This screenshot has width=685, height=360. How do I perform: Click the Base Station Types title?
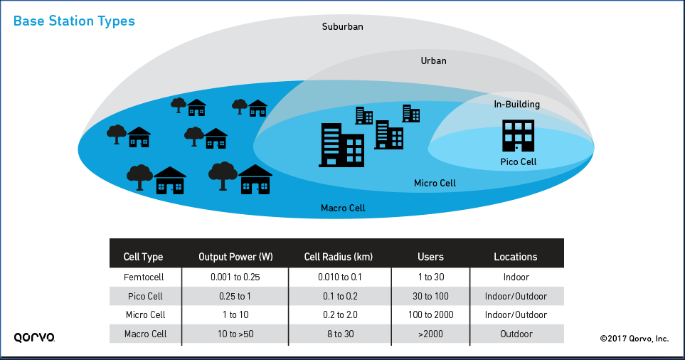[74, 21]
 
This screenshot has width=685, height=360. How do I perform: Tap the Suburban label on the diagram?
[342, 27]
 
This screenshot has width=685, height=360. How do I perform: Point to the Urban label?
[433, 61]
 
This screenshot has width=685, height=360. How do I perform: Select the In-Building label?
[517, 105]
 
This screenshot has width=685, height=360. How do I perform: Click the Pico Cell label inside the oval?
[518, 162]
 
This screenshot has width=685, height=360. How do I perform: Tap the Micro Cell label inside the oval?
[435, 184]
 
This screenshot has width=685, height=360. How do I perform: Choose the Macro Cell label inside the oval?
[343, 208]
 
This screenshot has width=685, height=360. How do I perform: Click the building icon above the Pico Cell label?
[518, 135]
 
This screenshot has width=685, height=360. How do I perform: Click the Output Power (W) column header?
[235, 257]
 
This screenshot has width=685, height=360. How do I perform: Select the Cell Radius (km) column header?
[339, 257]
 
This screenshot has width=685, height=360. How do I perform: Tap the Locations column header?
[516, 257]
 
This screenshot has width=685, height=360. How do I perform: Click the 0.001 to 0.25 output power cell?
[235, 277]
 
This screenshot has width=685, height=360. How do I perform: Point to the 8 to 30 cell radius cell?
[339, 334]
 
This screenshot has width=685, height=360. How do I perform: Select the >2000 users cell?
[430, 334]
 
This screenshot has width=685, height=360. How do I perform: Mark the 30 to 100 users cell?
[430, 295]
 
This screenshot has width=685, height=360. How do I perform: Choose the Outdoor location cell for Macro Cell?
[516, 334]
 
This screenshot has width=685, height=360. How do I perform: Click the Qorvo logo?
[34, 337]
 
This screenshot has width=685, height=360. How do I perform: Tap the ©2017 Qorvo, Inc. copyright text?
[633, 339]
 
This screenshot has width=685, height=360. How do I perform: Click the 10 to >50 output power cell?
[235, 334]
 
